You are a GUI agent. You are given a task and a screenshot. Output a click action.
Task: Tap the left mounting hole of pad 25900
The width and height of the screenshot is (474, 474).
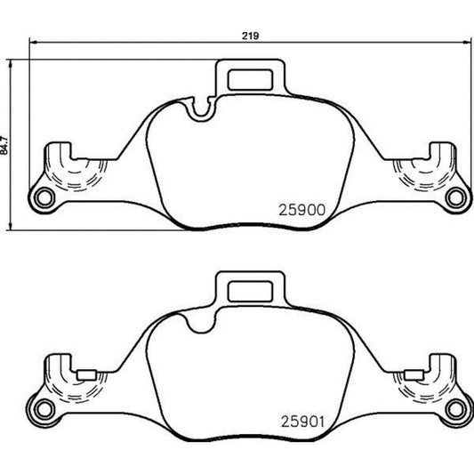(40, 196)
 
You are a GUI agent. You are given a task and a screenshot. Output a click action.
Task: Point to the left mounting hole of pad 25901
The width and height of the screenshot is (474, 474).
(40, 407)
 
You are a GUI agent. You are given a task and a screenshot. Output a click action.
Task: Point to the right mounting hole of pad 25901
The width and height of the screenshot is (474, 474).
(456, 407)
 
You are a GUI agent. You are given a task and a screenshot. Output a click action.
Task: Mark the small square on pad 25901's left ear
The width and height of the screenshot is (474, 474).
(89, 374)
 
